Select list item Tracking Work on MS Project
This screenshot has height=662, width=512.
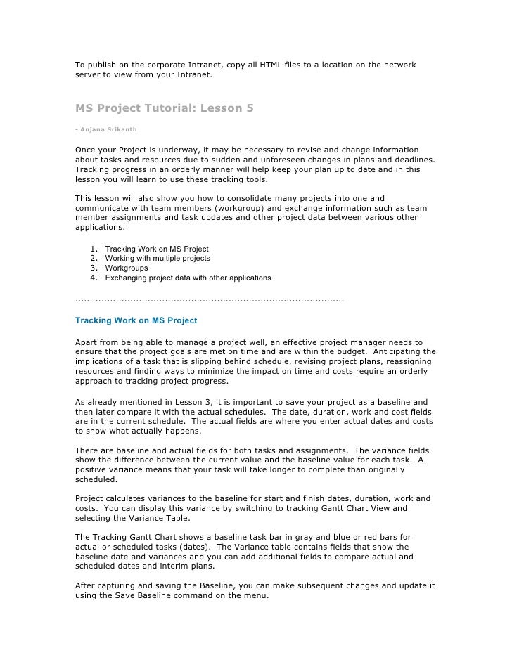[156, 249]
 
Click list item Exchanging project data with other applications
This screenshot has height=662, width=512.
[188, 278]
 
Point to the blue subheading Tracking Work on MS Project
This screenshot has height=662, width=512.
[136, 320]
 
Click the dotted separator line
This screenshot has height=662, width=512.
[209, 300]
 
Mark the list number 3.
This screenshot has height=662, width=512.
[94, 268]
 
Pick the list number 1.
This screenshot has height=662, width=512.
[94, 249]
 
